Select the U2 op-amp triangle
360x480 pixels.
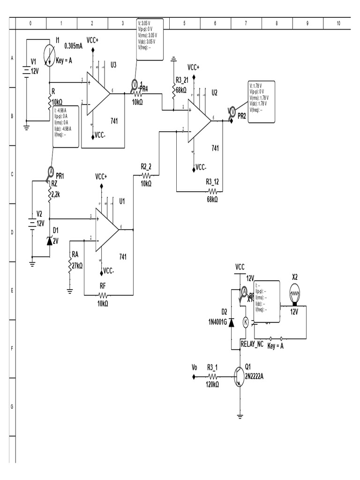coord(199,120)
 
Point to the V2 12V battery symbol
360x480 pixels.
coord(32,223)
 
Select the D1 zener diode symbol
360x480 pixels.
coord(50,240)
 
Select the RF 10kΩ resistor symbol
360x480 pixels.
coord(103,295)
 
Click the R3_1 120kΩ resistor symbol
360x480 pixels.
coord(212,376)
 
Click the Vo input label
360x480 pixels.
coord(195,367)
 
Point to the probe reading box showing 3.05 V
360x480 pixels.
coord(150,39)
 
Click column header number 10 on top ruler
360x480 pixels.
coord(338,23)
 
